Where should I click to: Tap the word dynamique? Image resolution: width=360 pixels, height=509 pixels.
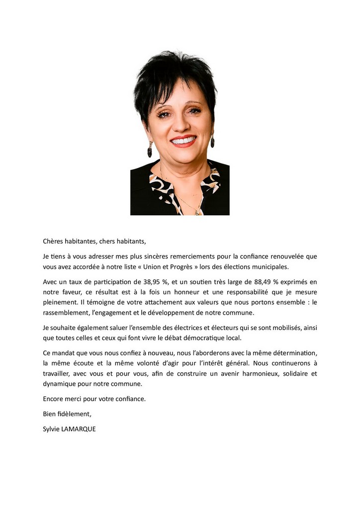pyautogui.click(x=59, y=384)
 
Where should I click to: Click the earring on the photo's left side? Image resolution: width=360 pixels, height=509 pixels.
pyautogui.click(x=150, y=149)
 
